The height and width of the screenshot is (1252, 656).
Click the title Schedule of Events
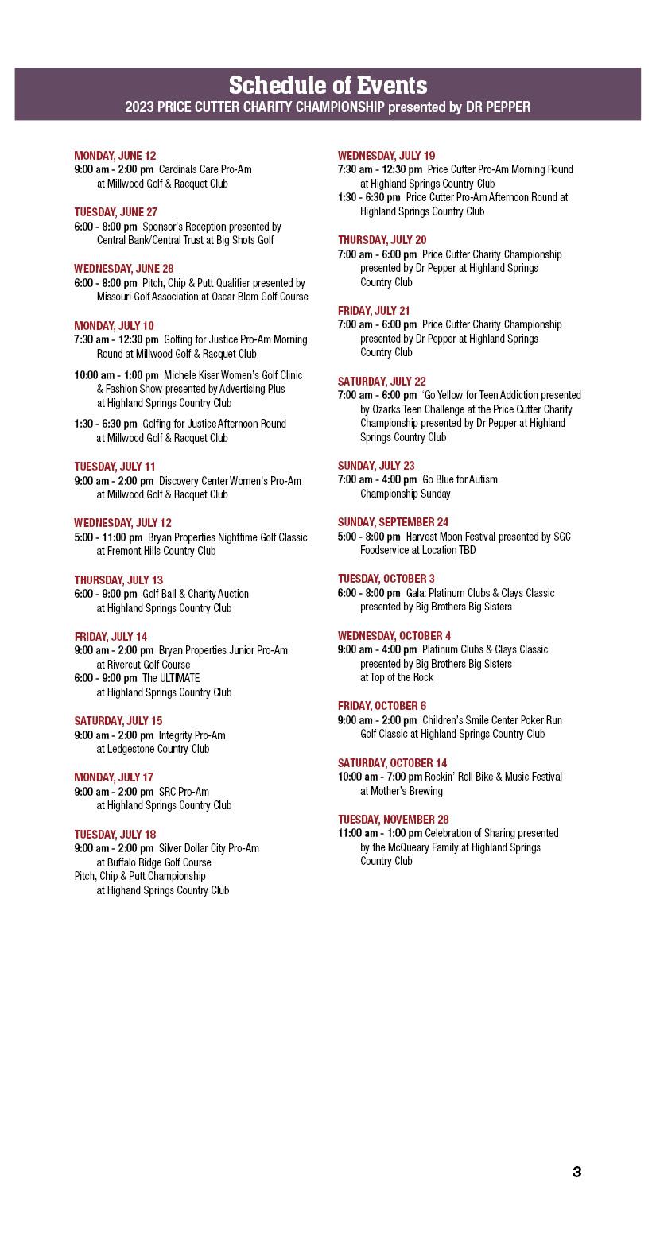(x=328, y=85)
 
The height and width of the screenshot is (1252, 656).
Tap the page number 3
(x=576, y=1171)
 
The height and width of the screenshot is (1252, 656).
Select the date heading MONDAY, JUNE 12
(x=115, y=155)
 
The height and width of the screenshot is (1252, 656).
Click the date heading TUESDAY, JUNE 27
(x=116, y=211)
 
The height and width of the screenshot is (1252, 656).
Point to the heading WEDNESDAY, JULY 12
(x=122, y=522)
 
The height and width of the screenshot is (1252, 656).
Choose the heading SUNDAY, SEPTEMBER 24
(x=393, y=521)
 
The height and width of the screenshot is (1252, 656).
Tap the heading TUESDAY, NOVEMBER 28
(x=393, y=819)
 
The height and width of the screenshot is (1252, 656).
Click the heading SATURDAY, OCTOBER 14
(x=392, y=762)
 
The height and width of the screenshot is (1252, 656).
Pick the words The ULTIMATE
(x=171, y=678)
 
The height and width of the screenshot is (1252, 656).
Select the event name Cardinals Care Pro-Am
(x=205, y=169)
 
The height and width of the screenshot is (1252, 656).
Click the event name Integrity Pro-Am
(x=192, y=735)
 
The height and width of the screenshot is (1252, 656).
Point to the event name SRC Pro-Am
(x=184, y=791)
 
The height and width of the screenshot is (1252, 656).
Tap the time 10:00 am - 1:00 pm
(x=117, y=374)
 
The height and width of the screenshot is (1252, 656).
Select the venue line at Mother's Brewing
(x=402, y=791)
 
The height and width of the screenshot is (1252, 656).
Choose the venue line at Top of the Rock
(x=397, y=677)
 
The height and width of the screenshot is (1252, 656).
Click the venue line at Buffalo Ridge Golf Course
(x=154, y=862)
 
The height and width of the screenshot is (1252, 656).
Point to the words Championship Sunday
(x=406, y=494)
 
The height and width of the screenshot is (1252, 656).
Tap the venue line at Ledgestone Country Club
(x=153, y=749)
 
